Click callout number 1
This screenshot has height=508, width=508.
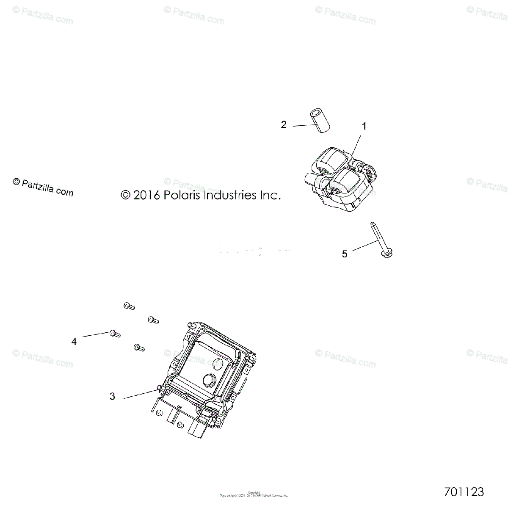click(x=364, y=126)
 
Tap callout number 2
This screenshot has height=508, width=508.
click(x=284, y=124)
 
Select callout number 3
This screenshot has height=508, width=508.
click(x=112, y=396)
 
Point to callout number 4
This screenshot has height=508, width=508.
click(x=74, y=341)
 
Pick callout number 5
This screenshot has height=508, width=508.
click(x=345, y=254)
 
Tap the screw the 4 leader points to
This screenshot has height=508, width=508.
click(x=114, y=334)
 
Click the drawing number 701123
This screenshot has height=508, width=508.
click(x=464, y=492)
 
